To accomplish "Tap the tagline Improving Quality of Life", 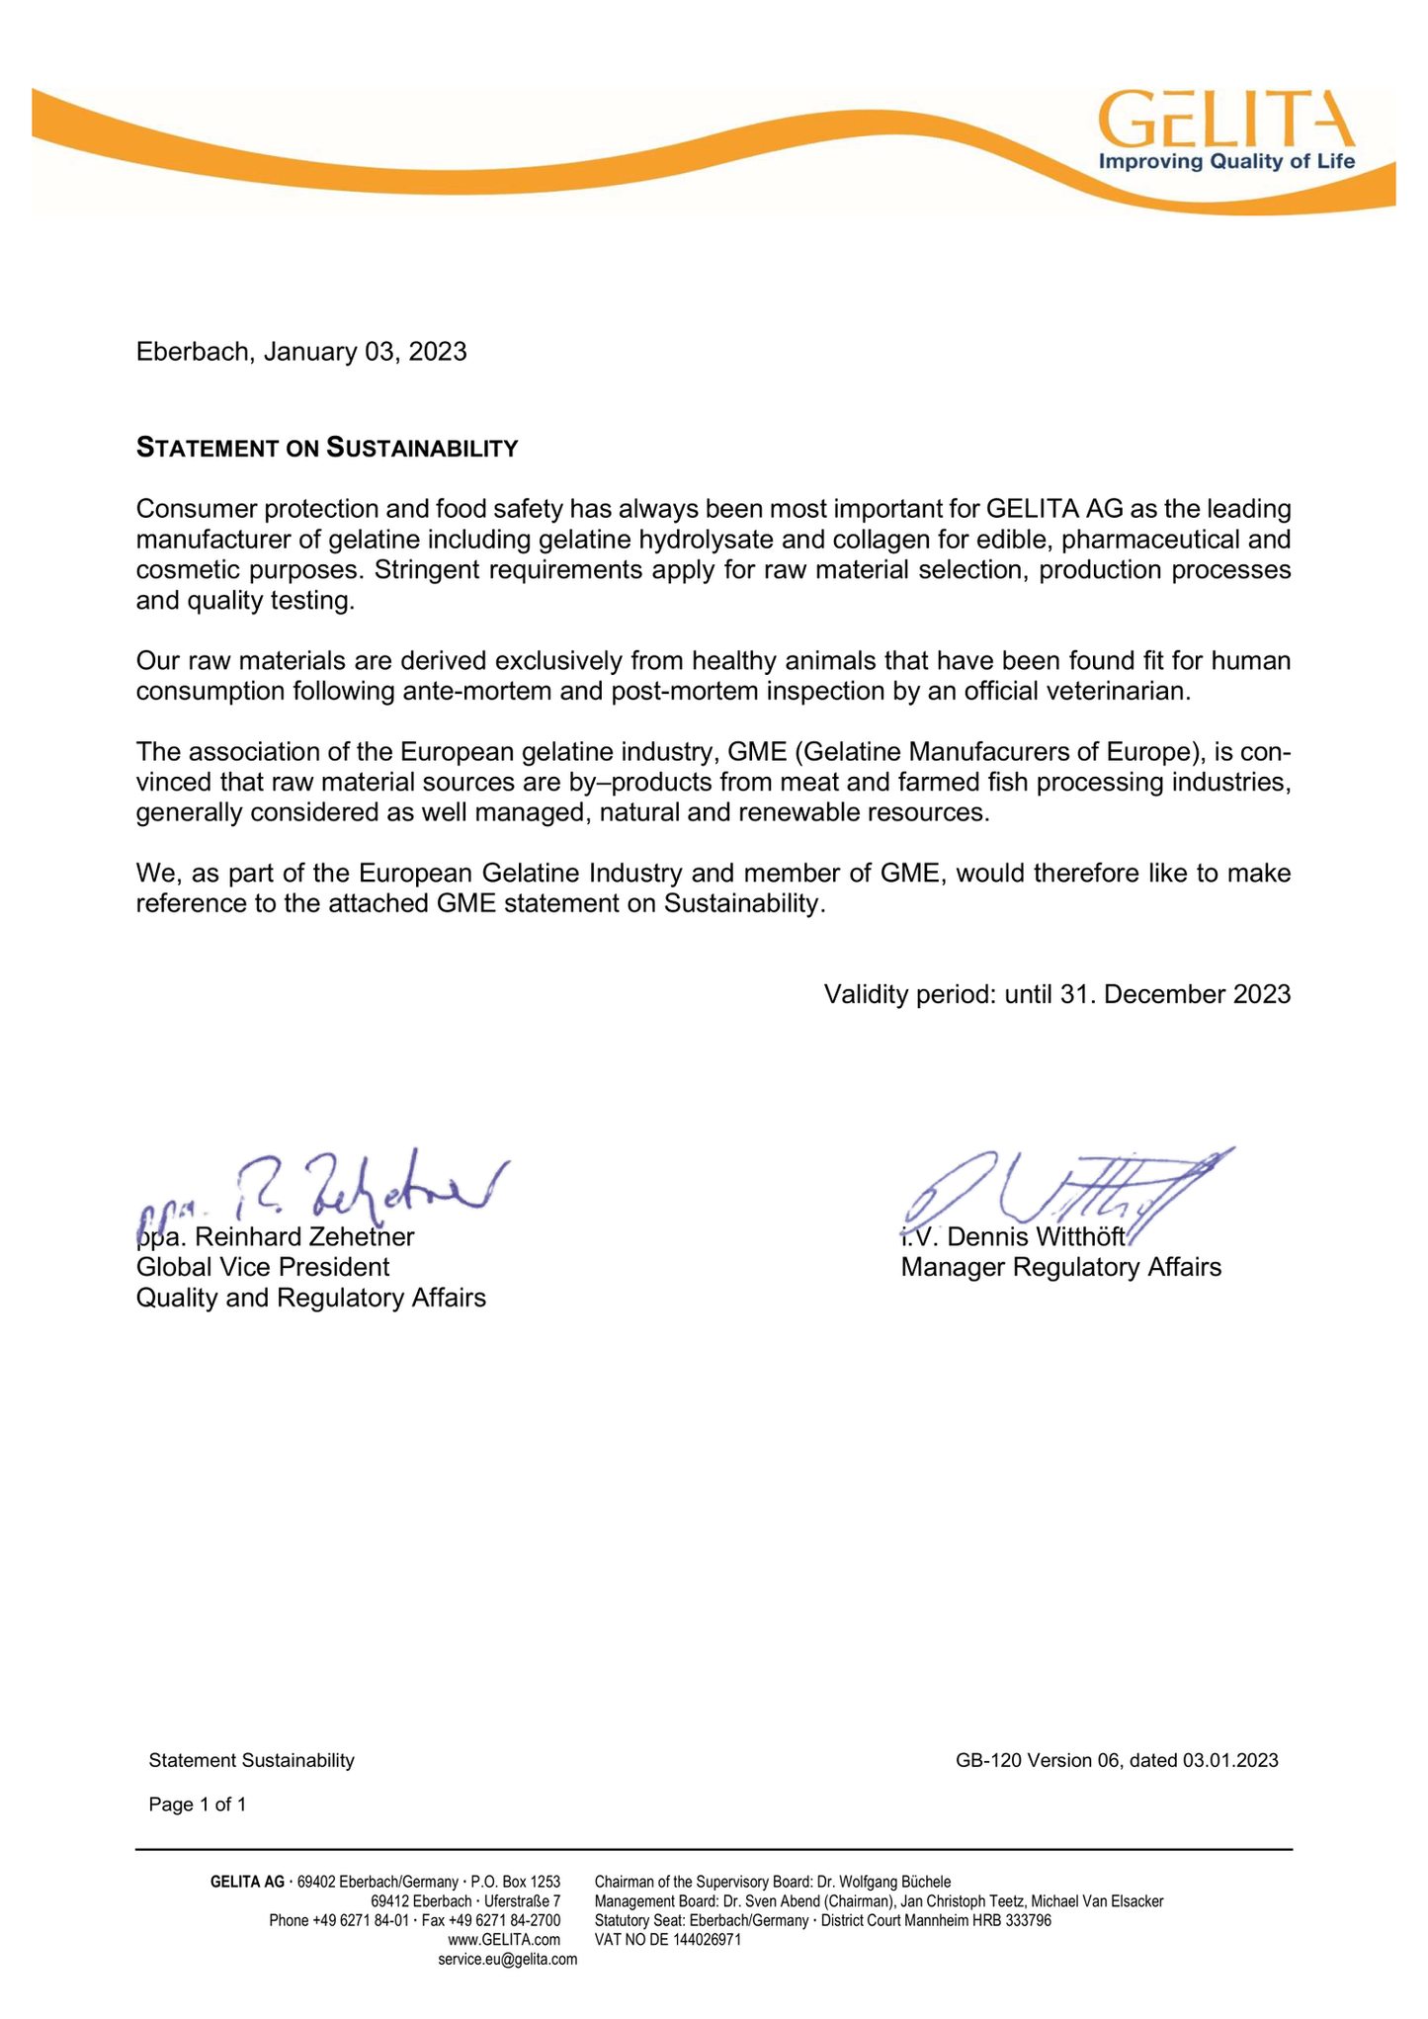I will pos(1226,162).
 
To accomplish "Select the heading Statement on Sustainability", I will pos(326,449).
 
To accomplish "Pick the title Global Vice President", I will pos(263,1267).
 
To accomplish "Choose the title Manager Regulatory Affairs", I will pos(1060,1267).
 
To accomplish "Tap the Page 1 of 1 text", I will pos(198,1805).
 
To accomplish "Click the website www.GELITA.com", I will pos(504,1940).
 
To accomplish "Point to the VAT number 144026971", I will pos(701,1940).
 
